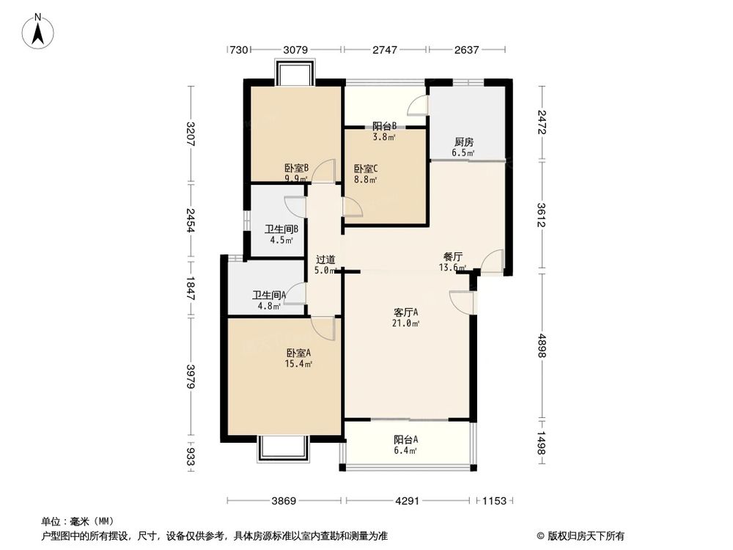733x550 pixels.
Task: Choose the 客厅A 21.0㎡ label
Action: (406, 317)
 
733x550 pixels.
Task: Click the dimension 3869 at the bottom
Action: (284, 502)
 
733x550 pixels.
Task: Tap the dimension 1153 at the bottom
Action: (495, 502)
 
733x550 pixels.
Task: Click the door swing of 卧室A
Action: (323, 328)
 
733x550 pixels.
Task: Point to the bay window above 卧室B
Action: (295, 73)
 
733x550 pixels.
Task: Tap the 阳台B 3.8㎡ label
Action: (385, 131)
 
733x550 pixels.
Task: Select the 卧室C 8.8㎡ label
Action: (365, 172)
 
